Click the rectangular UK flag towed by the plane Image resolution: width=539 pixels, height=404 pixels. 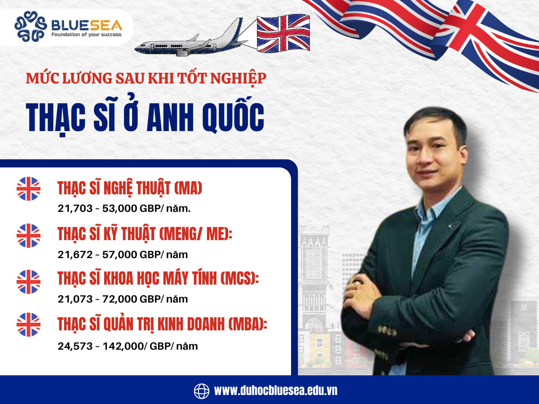point(283,34)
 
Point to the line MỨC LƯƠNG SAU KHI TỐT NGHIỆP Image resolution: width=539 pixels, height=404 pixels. point(146,78)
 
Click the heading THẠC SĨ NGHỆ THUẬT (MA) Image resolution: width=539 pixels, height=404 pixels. point(130,189)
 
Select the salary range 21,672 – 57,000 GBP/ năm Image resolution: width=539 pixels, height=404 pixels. point(123,255)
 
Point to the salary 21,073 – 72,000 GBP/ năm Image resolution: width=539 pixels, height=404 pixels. point(123,299)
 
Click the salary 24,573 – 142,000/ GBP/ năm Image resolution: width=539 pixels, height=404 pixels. point(128,346)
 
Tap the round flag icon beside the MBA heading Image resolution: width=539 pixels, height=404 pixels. point(28,325)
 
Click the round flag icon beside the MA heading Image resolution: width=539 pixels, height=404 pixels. point(28,189)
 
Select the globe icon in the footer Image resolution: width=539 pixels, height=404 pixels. point(202,391)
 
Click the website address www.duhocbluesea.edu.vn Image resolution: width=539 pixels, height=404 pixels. point(275,391)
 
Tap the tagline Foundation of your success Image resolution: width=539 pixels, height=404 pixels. point(86,35)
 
